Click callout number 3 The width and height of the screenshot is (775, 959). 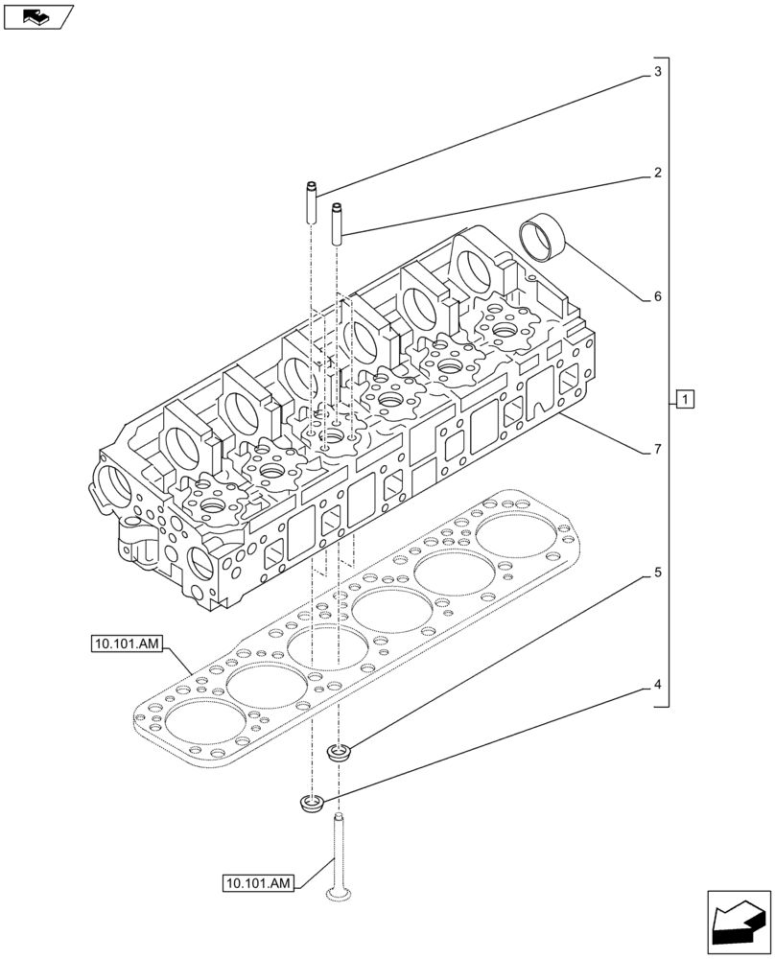pyautogui.click(x=658, y=72)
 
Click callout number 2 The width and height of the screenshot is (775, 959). pyautogui.click(x=658, y=174)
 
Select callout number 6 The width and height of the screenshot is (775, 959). pyautogui.click(x=658, y=297)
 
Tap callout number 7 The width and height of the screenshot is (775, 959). pyautogui.click(x=658, y=449)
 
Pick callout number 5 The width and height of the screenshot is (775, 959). pyautogui.click(x=658, y=573)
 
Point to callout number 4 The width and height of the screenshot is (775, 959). pyautogui.click(x=658, y=685)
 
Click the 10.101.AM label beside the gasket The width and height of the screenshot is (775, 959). pyautogui.click(x=129, y=644)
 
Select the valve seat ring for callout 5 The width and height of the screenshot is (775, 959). pyautogui.click(x=338, y=753)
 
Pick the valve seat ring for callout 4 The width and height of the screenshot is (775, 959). pyautogui.click(x=311, y=804)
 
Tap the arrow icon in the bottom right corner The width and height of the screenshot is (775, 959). pyautogui.click(x=738, y=923)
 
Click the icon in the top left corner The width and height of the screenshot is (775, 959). pyautogui.click(x=38, y=15)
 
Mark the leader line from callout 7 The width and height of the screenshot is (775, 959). pyautogui.click(x=604, y=433)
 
